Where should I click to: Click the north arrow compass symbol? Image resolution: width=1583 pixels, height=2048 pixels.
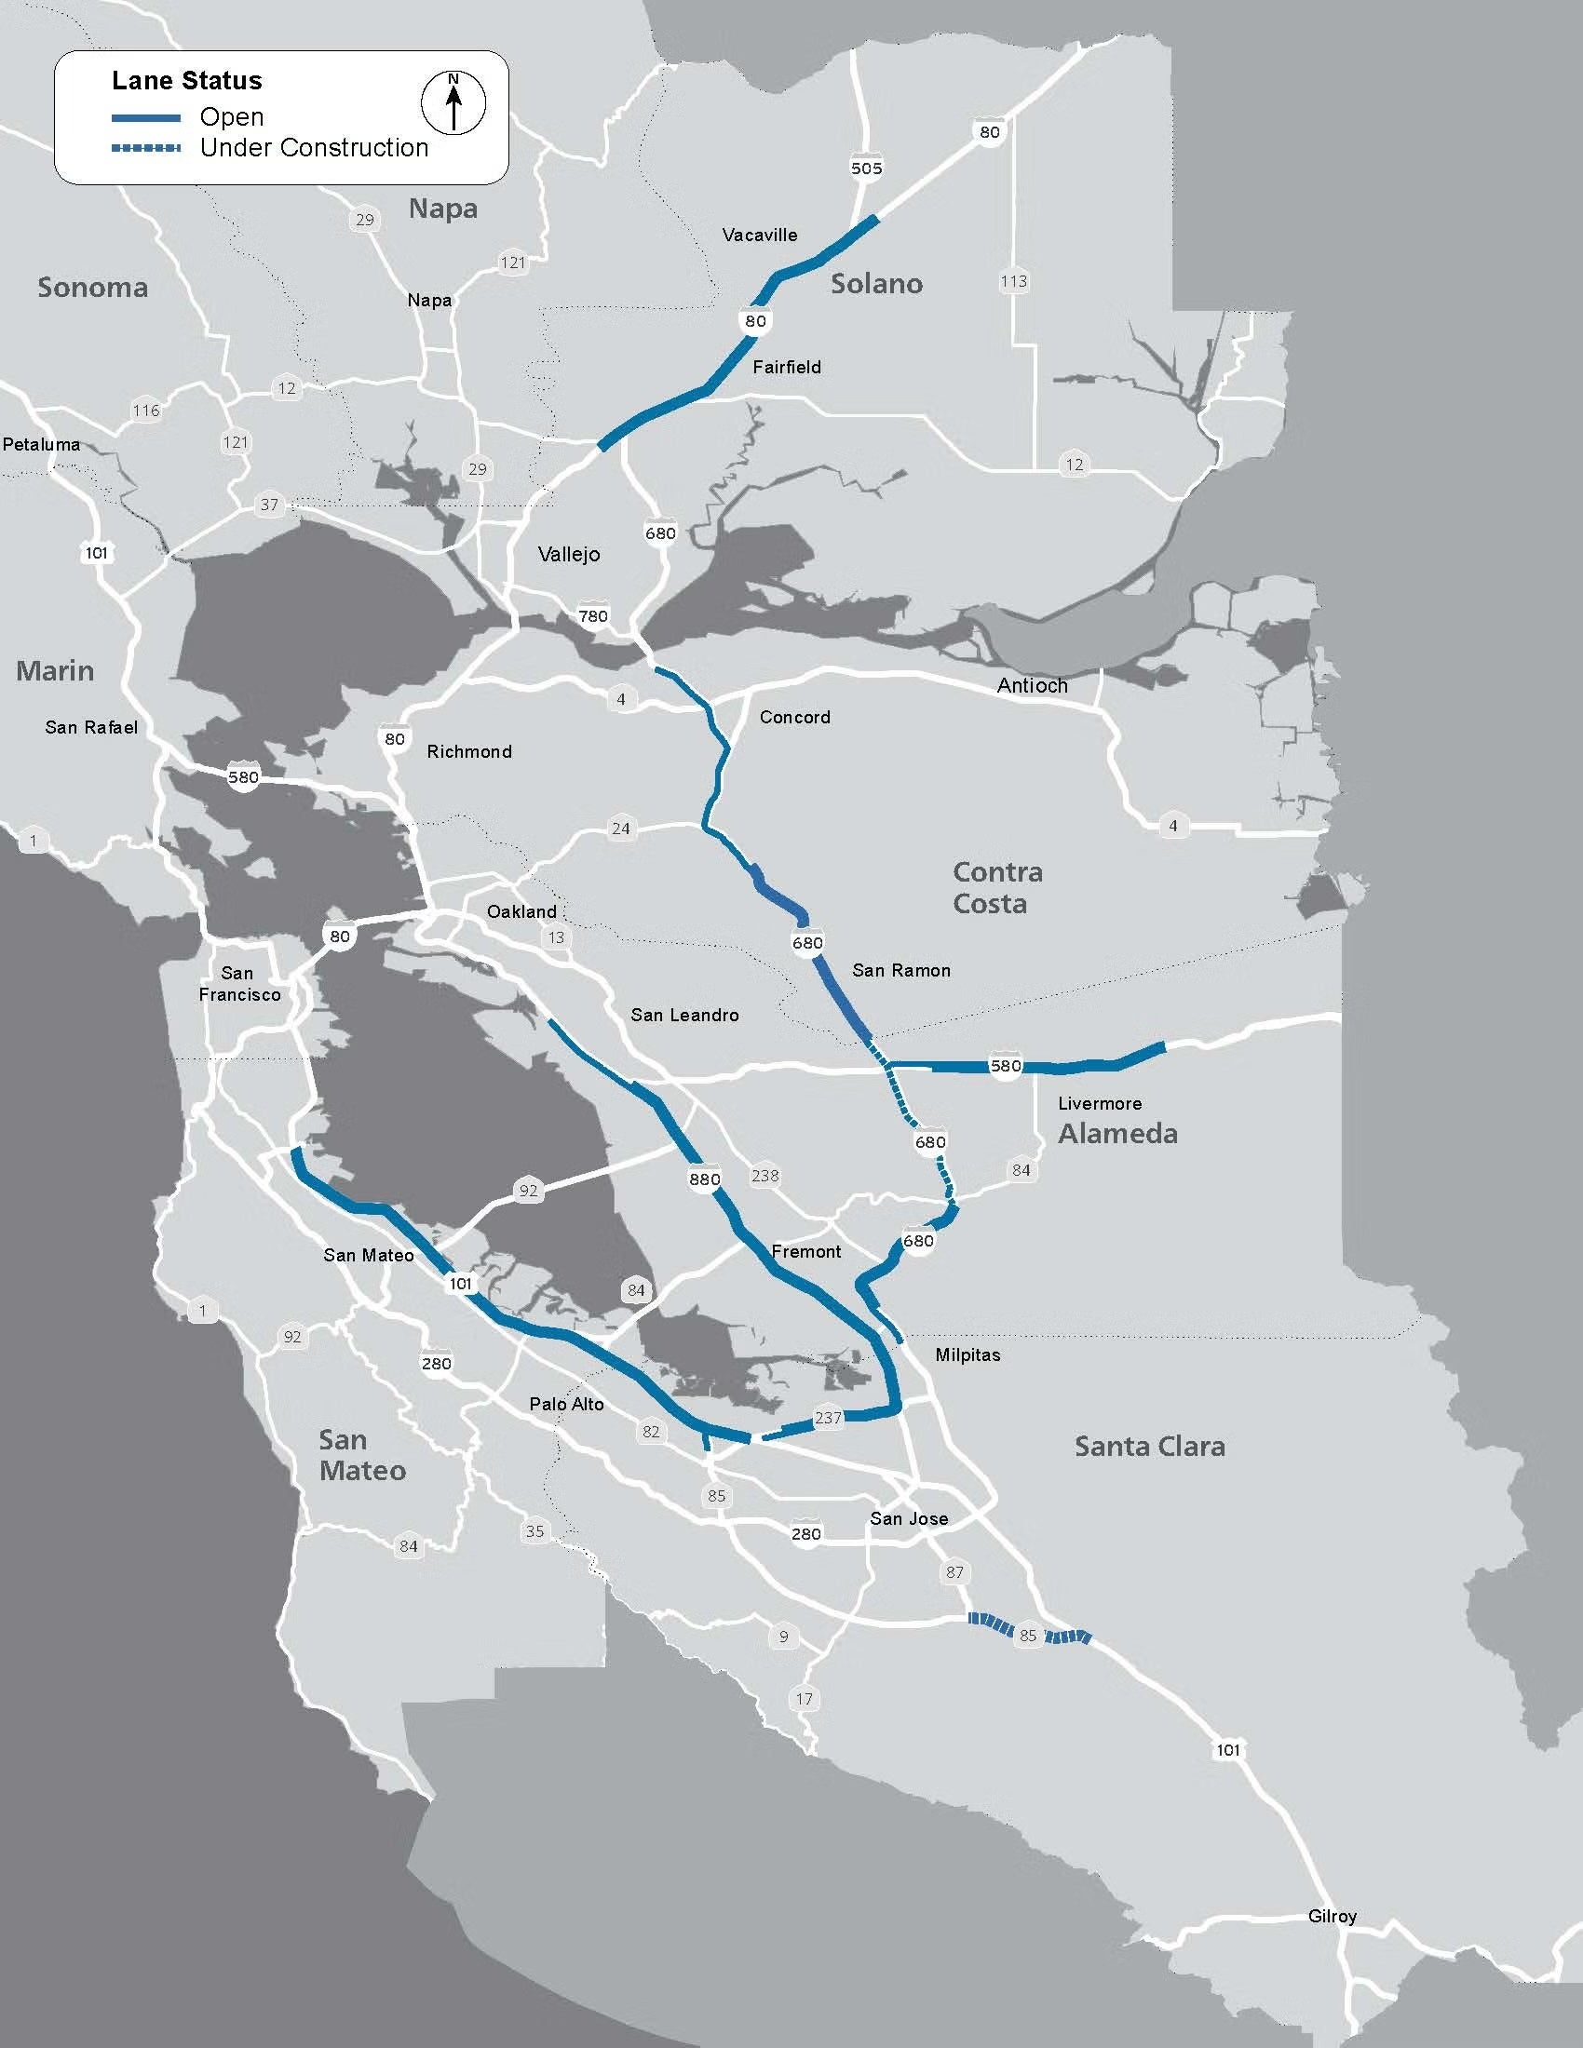click(x=453, y=102)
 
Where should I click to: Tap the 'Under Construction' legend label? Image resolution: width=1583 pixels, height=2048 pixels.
click(x=313, y=148)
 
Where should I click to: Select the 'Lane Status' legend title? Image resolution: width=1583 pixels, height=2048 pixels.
click(x=186, y=81)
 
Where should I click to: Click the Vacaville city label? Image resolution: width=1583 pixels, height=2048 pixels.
click(x=760, y=236)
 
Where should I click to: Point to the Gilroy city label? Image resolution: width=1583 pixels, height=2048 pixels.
click(x=1332, y=1917)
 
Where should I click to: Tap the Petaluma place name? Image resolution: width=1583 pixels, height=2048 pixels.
click(x=41, y=444)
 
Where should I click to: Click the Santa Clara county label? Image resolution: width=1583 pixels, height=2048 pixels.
click(x=1149, y=1447)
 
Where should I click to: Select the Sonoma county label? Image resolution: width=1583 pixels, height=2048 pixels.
click(x=93, y=288)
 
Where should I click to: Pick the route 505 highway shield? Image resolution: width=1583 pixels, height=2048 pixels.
click(x=866, y=168)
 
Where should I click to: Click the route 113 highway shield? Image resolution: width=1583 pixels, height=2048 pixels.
click(x=1013, y=281)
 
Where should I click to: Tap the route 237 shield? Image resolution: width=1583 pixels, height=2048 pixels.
click(x=828, y=1418)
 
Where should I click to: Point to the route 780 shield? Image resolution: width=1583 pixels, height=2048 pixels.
click(x=592, y=616)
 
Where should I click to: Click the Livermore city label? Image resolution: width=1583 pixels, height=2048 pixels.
click(x=1099, y=1104)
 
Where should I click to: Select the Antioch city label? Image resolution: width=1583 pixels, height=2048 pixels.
click(x=1032, y=686)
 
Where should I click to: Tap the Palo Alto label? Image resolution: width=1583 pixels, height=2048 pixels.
click(x=566, y=1404)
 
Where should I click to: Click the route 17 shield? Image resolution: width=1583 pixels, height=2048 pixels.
click(x=805, y=1698)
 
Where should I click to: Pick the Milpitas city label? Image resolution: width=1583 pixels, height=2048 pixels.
click(x=967, y=1355)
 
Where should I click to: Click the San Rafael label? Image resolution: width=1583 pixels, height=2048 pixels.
click(x=91, y=728)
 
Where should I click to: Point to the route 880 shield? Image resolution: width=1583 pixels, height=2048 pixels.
click(x=704, y=1179)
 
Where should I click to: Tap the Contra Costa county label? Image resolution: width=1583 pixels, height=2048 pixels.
click(x=996, y=888)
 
